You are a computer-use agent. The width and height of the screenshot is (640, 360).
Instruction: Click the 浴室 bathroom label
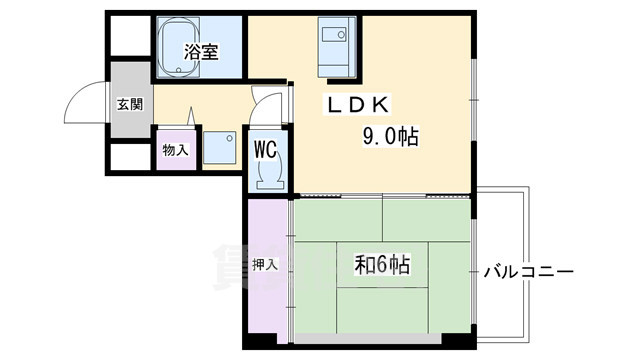pos(201,53)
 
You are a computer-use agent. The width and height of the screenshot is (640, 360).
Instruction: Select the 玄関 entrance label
pos(128,103)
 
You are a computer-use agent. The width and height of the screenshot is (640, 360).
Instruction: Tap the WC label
pos(265,149)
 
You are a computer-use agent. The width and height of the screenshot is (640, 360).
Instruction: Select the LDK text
pos(363,104)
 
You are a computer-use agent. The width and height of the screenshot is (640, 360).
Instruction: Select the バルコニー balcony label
pos(528,271)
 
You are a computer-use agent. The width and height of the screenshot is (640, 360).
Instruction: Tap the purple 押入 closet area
pos(266,300)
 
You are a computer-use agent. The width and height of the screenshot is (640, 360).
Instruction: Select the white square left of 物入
pos(129,157)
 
